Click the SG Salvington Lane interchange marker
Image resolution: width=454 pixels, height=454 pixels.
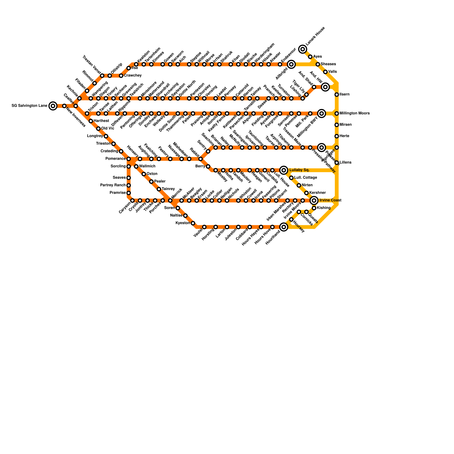tap(53, 106)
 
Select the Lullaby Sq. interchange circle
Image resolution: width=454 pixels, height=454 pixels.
tap(284, 170)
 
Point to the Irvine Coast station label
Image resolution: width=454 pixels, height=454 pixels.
tap(330, 200)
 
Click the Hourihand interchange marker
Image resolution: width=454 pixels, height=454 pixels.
tap(284, 227)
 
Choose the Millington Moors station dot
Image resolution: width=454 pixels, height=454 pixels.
tap(337, 113)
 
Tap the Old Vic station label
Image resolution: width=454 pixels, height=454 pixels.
tap(108, 129)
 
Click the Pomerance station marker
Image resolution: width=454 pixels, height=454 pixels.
tap(129, 159)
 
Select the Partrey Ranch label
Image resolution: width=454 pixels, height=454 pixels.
tap(113, 185)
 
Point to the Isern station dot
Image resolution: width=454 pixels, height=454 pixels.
tap(337, 94)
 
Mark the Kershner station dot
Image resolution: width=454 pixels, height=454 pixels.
tap(306, 193)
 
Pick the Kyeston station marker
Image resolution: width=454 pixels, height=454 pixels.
tap(193, 223)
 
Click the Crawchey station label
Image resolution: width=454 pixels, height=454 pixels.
tap(133, 75)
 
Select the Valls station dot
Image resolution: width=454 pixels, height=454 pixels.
tap(325, 72)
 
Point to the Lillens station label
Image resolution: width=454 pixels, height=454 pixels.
tap(346, 163)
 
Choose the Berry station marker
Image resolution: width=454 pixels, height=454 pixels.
tap(208, 166)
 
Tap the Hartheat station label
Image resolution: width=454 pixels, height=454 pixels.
tap(101, 121)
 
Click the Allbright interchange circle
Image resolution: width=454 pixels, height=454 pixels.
tap(291, 64)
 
